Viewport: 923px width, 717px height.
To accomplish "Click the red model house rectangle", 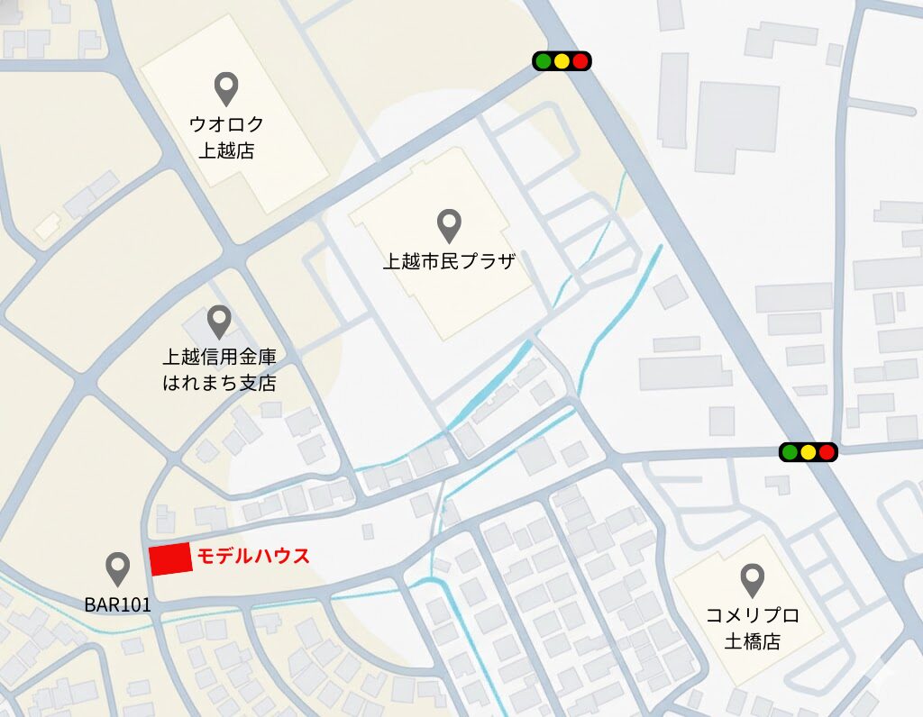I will [x=170, y=559].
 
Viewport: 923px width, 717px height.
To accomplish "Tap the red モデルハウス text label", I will [x=253, y=556].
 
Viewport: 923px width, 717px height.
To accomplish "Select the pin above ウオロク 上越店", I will [x=225, y=88].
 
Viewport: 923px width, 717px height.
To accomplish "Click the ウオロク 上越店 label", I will [x=225, y=137].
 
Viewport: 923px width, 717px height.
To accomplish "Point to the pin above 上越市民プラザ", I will [x=449, y=225].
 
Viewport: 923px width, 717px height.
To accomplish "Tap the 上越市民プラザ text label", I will [x=449, y=262].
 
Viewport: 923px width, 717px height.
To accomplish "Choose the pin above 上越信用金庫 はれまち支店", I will [x=219, y=322].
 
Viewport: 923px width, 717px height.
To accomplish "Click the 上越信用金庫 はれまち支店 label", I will [x=219, y=370].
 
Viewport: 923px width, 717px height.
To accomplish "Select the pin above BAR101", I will [x=118, y=568].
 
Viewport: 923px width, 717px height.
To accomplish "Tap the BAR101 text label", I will [x=118, y=605].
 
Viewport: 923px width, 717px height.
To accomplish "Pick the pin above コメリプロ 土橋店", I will [x=752, y=580].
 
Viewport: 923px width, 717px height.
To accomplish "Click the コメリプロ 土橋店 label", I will [x=753, y=629].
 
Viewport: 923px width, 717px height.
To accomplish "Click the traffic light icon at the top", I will [x=562, y=60].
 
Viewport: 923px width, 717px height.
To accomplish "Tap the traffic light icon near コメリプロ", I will [x=809, y=451].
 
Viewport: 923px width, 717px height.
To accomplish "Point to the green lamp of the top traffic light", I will [x=544, y=60].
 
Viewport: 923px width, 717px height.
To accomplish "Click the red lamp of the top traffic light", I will [x=580, y=60].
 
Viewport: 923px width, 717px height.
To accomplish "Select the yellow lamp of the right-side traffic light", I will [x=809, y=451].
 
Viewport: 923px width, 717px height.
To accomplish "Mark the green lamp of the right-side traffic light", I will [x=790, y=451].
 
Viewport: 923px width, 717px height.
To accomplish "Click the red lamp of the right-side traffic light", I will [x=827, y=451].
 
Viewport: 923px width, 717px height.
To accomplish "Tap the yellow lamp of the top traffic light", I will [x=562, y=60].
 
